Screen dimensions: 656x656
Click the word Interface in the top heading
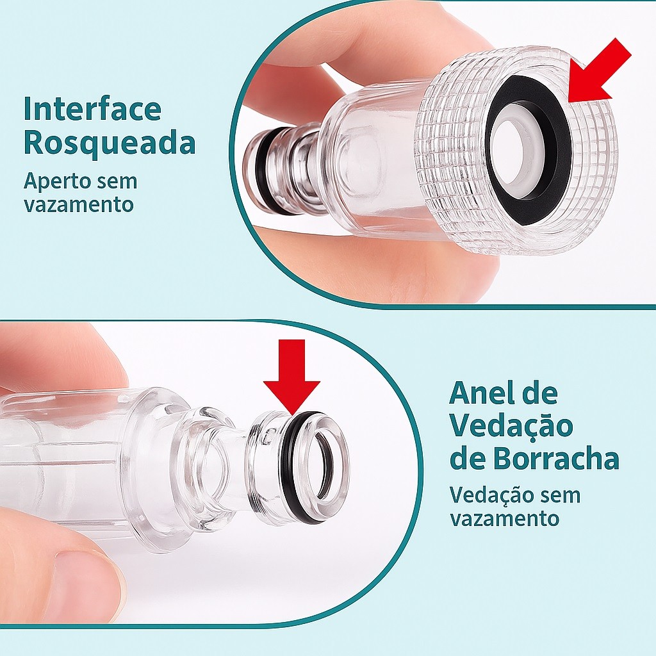92,109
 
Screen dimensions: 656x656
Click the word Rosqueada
110,143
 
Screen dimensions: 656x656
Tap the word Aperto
57,182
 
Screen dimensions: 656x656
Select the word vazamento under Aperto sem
78,205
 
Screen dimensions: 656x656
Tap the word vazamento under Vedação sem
504,519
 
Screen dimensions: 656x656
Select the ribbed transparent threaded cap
517,151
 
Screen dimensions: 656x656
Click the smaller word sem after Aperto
117,182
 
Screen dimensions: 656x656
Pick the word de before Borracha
467,459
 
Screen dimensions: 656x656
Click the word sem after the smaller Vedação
561,496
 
